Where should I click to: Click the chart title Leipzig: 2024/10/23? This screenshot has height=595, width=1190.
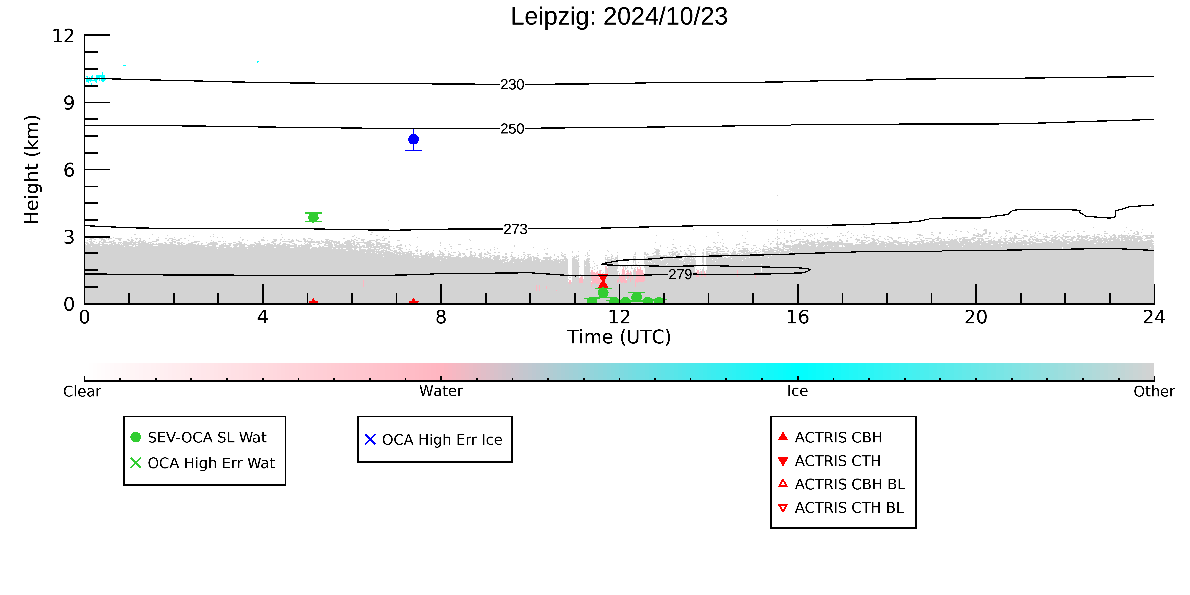(619, 17)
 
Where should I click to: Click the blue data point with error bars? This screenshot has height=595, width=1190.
(413, 139)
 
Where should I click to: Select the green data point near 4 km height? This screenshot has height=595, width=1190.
(313, 217)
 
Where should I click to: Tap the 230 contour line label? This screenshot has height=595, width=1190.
(512, 85)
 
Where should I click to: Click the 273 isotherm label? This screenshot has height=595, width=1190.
(516, 229)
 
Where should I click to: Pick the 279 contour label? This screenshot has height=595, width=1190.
(681, 274)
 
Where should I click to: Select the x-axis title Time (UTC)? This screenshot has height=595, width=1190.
(619, 337)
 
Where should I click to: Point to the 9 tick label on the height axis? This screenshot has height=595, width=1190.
(69, 102)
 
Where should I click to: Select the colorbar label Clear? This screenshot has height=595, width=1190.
(82, 391)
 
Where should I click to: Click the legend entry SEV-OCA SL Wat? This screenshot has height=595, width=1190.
(207, 438)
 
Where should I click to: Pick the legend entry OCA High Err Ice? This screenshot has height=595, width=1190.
(442, 440)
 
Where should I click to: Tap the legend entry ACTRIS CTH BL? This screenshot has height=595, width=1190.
(849, 508)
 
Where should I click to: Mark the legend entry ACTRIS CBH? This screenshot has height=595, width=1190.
(839, 438)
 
